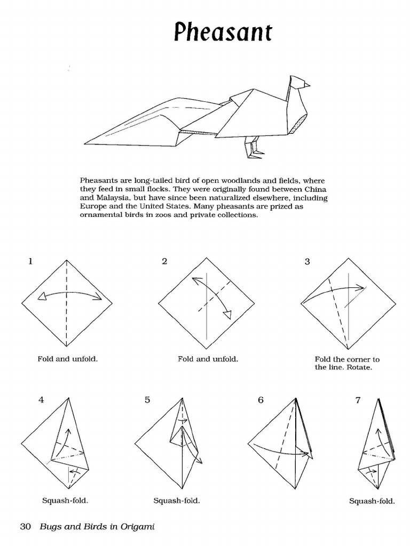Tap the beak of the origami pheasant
[x=307, y=84]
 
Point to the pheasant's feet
[x=255, y=153]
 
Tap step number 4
[x=41, y=400]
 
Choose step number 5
[x=147, y=400]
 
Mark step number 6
[x=261, y=400]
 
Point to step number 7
[x=358, y=400]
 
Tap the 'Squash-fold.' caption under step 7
[x=372, y=501]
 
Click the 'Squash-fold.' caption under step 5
[x=176, y=501]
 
